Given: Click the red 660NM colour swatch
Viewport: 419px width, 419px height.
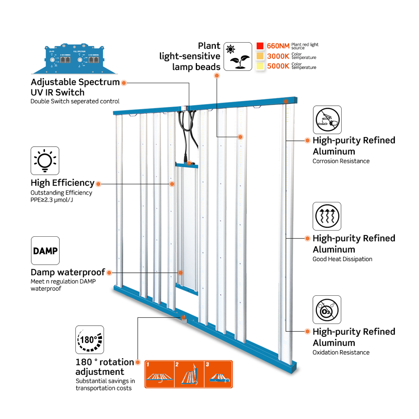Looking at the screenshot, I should point(260,46).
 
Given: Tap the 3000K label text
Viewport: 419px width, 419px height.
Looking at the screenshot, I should point(279,56).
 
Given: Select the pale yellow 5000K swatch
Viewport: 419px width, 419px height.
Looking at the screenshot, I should point(260,66).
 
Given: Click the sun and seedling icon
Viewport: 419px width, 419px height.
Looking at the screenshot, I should point(238,57).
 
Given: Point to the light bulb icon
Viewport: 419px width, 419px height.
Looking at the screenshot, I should point(45,161).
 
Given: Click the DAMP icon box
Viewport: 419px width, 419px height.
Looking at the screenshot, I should point(45,250).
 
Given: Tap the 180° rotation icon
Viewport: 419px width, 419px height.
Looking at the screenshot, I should point(89,340).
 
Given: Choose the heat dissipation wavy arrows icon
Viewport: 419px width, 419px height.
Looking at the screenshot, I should point(327,216).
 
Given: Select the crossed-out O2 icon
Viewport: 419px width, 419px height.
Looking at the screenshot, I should point(327,310).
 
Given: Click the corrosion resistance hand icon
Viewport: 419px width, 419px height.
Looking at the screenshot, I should point(327,120).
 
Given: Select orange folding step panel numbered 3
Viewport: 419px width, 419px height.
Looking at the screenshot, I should point(218,374).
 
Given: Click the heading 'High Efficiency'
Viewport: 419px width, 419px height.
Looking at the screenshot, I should point(62,183).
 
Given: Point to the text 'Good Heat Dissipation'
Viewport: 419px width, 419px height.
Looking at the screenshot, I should point(342,259).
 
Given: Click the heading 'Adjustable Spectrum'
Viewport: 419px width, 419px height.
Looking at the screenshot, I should point(75,82).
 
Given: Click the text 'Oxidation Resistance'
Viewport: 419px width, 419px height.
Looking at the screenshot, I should point(341,352).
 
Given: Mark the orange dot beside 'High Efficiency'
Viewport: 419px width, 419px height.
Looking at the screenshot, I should point(98,183).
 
